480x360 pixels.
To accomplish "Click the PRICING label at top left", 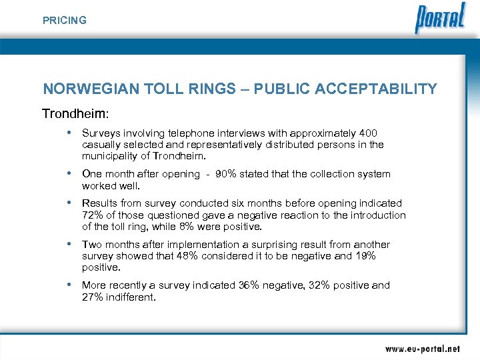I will point(65,21).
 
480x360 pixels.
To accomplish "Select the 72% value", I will point(91,215).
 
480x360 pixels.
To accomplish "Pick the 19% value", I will point(366,256).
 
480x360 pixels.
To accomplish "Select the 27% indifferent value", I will point(92,297).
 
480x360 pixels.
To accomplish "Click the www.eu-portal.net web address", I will point(422,348).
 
